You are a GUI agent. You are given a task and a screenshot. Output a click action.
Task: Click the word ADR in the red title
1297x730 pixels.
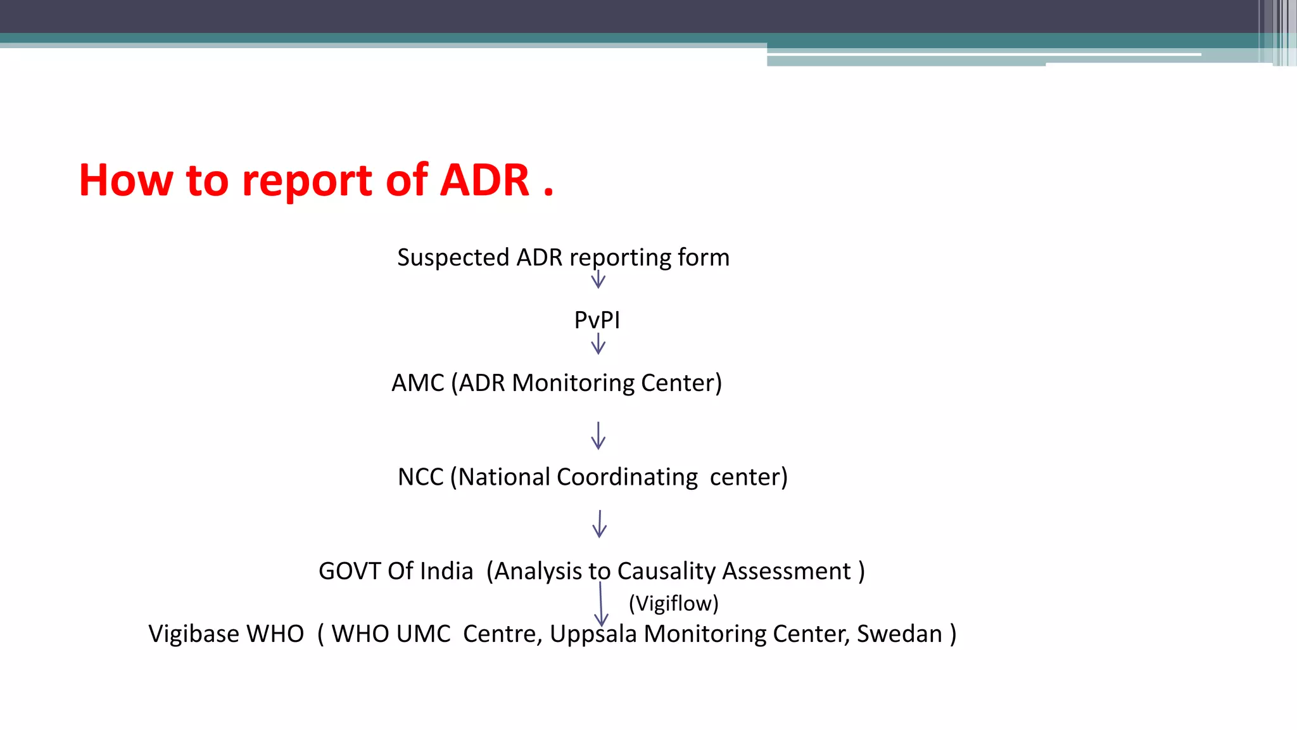coord(484,181)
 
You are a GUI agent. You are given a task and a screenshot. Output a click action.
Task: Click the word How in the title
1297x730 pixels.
coord(125,181)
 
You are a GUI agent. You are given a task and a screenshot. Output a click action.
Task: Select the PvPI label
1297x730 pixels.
coord(597,320)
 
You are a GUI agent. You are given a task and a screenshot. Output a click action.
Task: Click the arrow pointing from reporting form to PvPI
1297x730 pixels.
coord(598,279)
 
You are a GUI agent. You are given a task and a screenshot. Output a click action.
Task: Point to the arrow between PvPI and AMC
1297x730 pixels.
coord(598,344)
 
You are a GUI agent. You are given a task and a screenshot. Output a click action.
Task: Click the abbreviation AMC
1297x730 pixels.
coord(418,383)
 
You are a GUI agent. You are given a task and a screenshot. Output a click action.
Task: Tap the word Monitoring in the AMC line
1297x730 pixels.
coord(573,383)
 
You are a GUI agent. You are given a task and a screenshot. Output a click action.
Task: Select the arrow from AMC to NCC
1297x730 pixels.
coord(598,436)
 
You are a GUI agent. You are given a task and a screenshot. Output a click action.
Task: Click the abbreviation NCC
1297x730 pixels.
coord(421,477)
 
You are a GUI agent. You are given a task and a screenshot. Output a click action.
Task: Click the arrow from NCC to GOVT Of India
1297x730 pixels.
coord(599,524)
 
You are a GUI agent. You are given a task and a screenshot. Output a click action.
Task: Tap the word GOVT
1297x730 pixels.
coord(350,572)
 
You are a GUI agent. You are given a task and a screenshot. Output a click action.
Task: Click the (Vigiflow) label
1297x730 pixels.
coord(673,603)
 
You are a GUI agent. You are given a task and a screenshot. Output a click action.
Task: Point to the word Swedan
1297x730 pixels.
coord(899,634)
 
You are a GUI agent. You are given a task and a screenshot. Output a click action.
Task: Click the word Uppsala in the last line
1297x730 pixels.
coord(593,634)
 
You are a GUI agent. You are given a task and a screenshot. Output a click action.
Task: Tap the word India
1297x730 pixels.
coord(446,572)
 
